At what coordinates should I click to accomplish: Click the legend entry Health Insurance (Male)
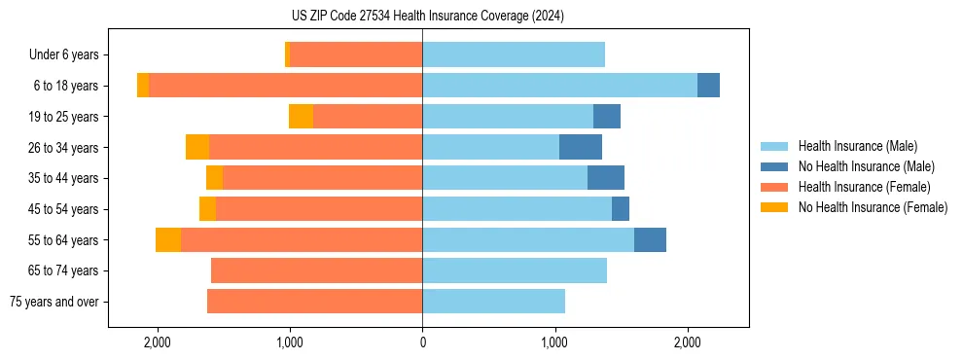coord(857,146)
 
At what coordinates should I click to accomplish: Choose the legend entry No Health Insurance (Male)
coord(866,166)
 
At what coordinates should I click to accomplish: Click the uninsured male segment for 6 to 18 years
coord(708,86)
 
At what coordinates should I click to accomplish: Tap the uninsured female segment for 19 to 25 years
coord(301,117)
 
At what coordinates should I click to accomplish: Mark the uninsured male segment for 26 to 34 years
coord(581,147)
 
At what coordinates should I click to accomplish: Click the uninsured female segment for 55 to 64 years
coord(168,240)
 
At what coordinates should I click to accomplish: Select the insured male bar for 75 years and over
coord(493,302)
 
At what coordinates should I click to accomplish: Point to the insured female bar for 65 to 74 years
coord(316,270)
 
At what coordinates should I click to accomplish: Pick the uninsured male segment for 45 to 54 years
coord(621,209)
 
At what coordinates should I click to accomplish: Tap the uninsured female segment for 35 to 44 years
coord(214,178)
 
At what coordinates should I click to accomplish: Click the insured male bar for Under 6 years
coord(514,54)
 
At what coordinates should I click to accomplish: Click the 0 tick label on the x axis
coord(422,342)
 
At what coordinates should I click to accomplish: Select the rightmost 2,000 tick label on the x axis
coord(687,342)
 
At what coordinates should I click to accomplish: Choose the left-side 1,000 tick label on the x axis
coord(290,342)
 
